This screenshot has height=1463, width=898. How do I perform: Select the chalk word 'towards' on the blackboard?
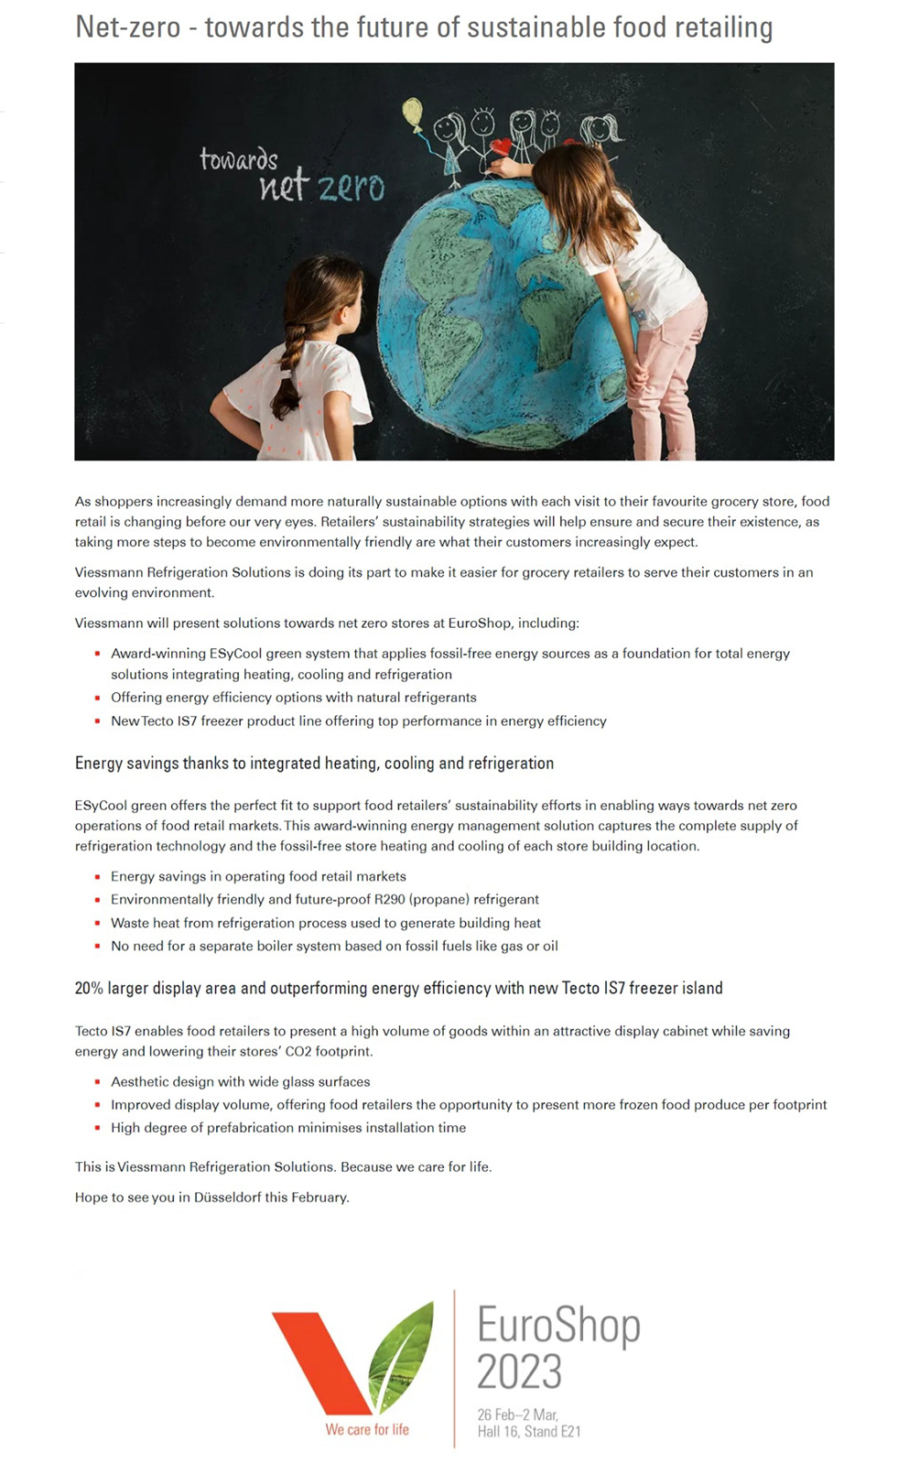[x=238, y=159]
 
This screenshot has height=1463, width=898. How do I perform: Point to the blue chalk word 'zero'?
[x=352, y=187]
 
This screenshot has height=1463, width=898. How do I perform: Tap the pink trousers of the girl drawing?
[x=668, y=366]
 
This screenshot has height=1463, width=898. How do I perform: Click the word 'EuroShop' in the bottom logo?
[x=558, y=1326]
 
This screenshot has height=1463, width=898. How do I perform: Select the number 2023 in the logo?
[x=519, y=1371]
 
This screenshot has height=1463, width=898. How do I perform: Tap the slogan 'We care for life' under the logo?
[x=367, y=1429]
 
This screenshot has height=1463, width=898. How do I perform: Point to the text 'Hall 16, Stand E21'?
[x=529, y=1431]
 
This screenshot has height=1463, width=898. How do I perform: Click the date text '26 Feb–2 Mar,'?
[x=517, y=1414]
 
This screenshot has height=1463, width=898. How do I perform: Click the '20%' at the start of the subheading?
[x=89, y=988]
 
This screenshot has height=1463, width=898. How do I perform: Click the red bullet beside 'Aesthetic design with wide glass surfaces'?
[x=97, y=1082]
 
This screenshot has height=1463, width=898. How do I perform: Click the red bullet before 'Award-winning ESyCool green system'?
[x=97, y=654]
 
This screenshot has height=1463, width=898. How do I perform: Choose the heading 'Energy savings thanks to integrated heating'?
[x=314, y=763]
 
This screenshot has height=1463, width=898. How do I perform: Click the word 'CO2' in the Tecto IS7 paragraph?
[x=298, y=1051]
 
